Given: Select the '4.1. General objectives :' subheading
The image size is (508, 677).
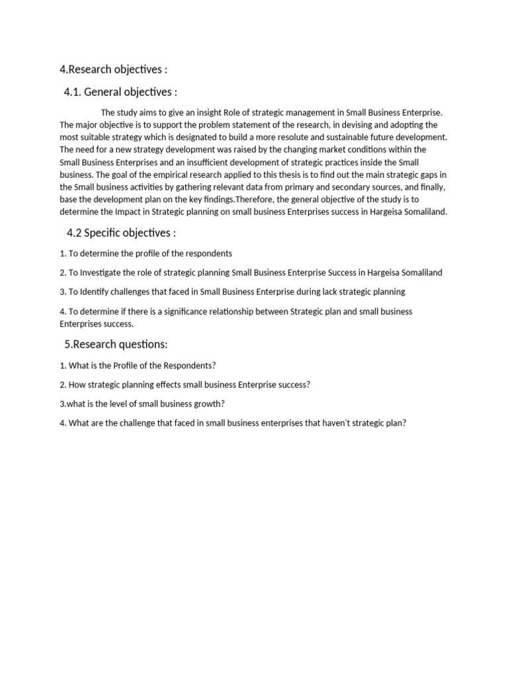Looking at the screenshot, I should (120, 92).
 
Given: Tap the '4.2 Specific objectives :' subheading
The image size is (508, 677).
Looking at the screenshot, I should (121, 233).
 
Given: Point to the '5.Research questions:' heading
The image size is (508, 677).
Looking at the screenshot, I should (116, 344).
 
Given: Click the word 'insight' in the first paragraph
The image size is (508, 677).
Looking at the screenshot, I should (207, 112).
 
